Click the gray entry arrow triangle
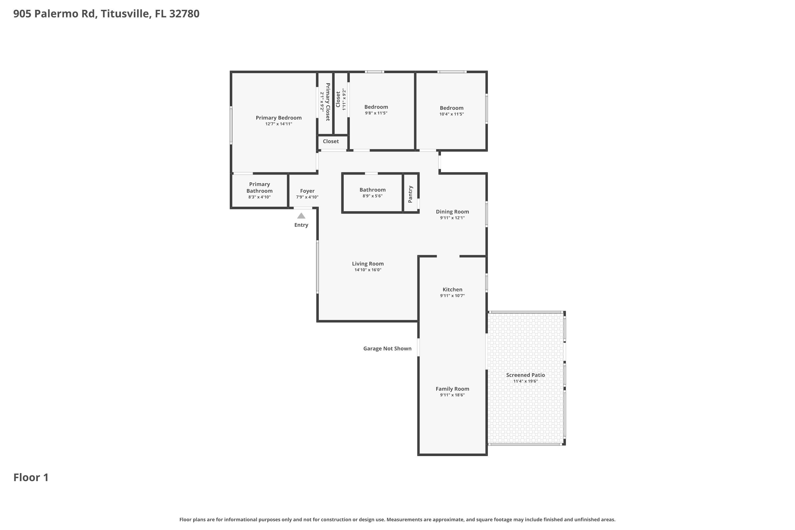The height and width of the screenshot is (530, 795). pyautogui.click(x=301, y=216)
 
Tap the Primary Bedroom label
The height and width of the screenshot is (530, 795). pyautogui.click(x=279, y=118)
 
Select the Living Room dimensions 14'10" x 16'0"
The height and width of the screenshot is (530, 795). pyautogui.click(x=368, y=270)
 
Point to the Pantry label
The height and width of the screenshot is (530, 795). pyautogui.click(x=410, y=194)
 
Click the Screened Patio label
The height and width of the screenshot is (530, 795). pyautogui.click(x=525, y=375)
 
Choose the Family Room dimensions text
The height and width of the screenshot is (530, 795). pyautogui.click(x=452, y=395)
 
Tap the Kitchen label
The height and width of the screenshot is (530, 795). pyautogui.click(x=452, y=289)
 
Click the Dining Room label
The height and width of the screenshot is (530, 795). pyautogui.click(x=452, y=211)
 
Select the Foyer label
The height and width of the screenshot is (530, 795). pyautogui.click(x=307, y=191)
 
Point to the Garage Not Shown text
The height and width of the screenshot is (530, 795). pyautogui.click(x=387, y=348)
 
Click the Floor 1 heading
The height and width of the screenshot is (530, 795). pyautogui.click(x=31, y=477)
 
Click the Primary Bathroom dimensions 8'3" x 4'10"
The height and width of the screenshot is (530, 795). pyautogui.click(x=259, y=197)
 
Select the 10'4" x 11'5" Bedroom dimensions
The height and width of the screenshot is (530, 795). pyautogui.click(x=452, y=114)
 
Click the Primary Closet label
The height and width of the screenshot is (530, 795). pyautogui.click(x=328, y=102)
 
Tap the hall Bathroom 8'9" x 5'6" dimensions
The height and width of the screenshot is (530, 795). pyautogui.click(x=373, y=196)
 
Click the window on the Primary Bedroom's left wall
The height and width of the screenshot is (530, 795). pyautogui.click(x=231, y=125)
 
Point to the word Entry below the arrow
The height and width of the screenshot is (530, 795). pyautogui.click(x=301, y=225)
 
